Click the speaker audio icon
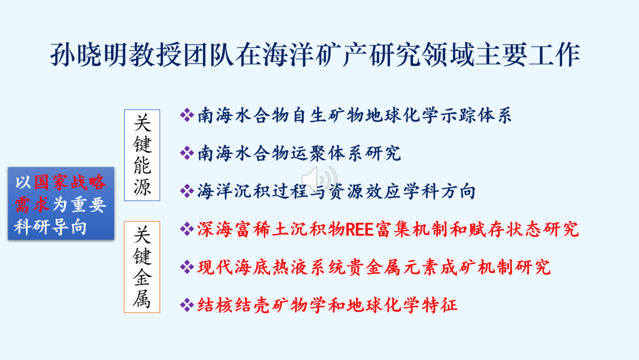click(319, 179)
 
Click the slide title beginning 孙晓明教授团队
click(315, 54)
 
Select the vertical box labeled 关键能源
click(142, 155)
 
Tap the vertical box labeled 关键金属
click(142, 267)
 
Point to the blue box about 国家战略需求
click(61, 203)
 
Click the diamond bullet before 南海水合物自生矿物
click(186, 115)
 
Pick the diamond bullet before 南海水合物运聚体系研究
click(186, 153)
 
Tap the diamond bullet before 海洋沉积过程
click(186, 191)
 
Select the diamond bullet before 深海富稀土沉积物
click(186, 229)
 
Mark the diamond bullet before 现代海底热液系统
click(186, 267)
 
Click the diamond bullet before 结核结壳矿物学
click(186, 304)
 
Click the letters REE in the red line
click(360, 230)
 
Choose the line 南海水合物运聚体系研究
click(299, 153)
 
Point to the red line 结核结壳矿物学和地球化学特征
click(327, 305)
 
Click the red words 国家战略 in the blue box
click(70, 182)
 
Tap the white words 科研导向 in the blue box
click(50, 227)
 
